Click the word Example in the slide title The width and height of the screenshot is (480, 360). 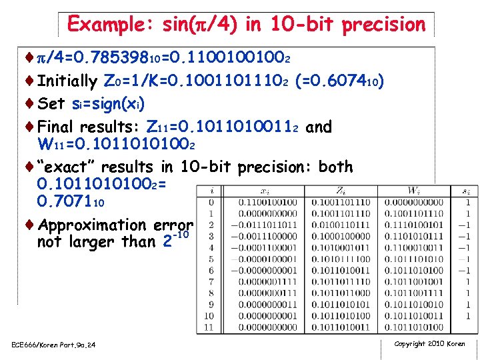pos(109,25)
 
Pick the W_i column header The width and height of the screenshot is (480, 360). pos(415,191)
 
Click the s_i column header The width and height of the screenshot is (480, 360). pos(468,191)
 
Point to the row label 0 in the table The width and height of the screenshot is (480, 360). pos(211,202)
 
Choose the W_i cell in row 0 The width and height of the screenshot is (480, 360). pos(415,202)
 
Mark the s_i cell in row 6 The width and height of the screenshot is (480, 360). pos(468,270)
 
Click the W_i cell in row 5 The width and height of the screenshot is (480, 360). pos(415,259)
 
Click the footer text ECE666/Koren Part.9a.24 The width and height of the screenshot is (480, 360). pos(54,345)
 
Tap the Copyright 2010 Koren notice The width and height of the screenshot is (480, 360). pos(429,344)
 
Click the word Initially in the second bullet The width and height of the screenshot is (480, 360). pos(67,81)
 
